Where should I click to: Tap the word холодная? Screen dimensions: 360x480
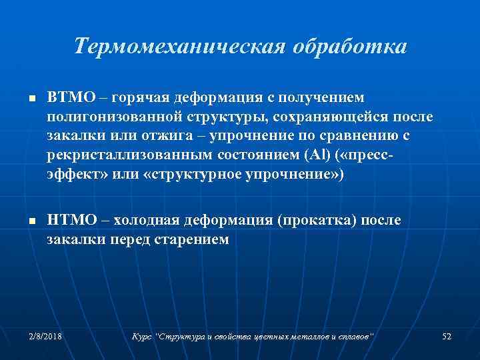[145, 221]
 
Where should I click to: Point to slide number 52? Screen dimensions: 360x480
[447, 337]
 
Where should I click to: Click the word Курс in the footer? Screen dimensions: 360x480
[143, 337]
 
